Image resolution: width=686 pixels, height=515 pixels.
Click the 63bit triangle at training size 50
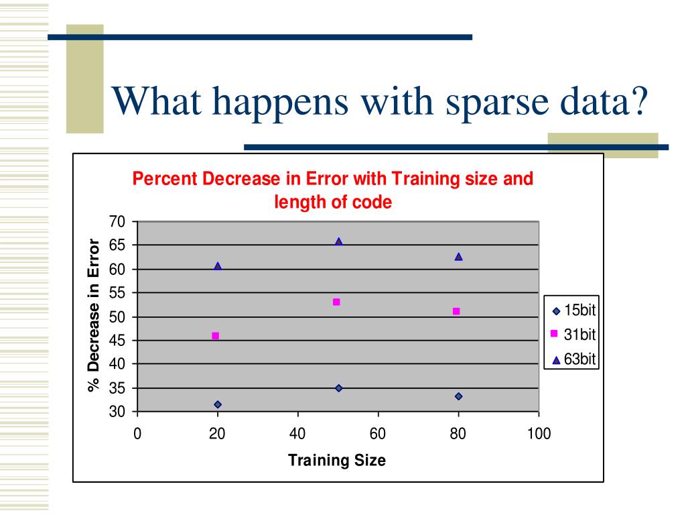tap(338, 241)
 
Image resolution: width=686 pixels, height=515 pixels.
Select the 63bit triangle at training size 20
tap(218, 266)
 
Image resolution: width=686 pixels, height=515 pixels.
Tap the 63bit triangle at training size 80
tap(458, 257)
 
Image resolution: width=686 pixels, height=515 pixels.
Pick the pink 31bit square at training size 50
tap(336, 302)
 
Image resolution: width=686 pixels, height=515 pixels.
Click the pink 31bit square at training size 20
tap(215, 336)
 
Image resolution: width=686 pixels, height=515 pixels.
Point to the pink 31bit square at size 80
tap(456, 311)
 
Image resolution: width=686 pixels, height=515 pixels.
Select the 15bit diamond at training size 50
tap(338, 388)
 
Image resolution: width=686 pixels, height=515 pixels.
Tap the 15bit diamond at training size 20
tap(218, 404)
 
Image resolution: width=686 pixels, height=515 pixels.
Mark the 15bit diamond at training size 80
tap(458, 396)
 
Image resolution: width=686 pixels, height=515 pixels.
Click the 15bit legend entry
tap(573, 310)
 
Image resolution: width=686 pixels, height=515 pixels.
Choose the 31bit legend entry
tap(573, 335)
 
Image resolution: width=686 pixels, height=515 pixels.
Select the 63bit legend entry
tap(573, 359)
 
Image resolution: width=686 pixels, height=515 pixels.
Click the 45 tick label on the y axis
tap(117, 340)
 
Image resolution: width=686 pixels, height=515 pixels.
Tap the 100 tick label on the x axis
tap(539, 434)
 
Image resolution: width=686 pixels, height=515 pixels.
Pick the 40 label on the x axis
tap(297, 434)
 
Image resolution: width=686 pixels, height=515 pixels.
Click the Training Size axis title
tap(337, 460)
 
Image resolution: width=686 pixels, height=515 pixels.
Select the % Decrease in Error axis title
tap(94, 315)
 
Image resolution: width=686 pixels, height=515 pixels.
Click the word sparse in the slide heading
tap(498, 102)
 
